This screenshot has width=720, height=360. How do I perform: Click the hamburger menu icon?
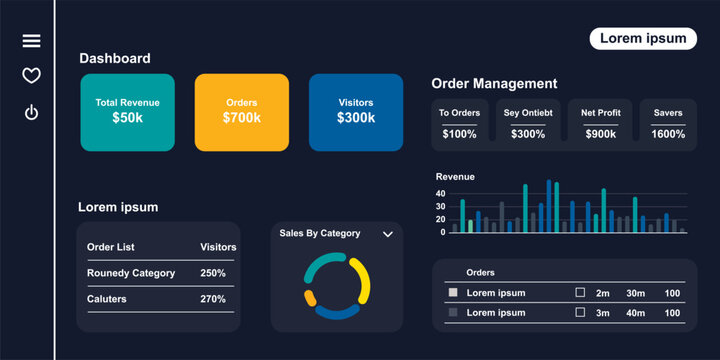31,41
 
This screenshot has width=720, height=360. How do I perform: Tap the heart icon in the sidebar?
31,76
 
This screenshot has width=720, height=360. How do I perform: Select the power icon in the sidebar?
31,112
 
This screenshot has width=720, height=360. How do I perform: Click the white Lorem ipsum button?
642,38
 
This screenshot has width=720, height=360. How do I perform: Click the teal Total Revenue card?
127,111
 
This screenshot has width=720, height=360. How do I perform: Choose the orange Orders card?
241,111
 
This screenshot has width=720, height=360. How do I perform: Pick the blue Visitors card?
356,111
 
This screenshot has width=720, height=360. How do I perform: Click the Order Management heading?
494,84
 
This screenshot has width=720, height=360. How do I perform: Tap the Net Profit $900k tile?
600,124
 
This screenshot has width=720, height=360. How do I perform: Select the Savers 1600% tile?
668,124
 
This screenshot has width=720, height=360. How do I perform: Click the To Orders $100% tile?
459,124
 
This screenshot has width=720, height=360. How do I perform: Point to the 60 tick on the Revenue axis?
440,192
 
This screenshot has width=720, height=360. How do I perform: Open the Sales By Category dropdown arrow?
388,234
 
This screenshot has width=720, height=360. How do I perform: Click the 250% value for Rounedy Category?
213,273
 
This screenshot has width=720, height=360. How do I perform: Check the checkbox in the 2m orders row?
580,293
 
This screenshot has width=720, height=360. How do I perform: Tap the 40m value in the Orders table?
635,313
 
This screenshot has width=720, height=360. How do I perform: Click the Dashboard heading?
115,59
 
